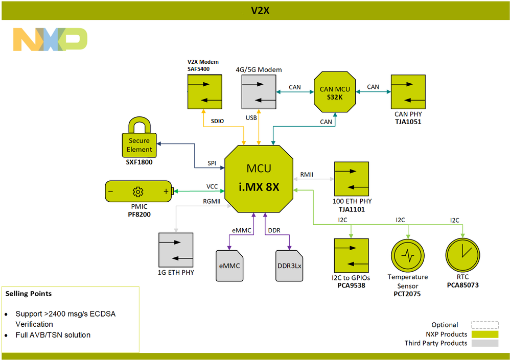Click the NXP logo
click(x=50, y=39)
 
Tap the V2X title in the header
click(x=260, y=10)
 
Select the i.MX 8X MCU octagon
click(x=259, y=178)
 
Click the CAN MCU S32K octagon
click(x=335, y=92)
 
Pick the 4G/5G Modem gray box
click(x=259, y=92)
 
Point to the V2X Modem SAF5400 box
click(x=204, y=92)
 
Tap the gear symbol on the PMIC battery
click(x=137, y=191)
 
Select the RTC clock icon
click(x=462, y=254)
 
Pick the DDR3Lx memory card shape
click(x=289, y=265)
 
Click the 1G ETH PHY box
click(x=176, y=250)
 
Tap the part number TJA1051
click(x=408, y=123)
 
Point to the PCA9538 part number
click(x=351, y=285)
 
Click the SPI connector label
click(x=212, y=163)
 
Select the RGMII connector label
click(x=212, y=201)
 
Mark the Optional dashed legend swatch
click(x=484, y=325)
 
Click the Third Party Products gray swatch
click(x=484, y=343)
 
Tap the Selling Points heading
click(x=29, y=294)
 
